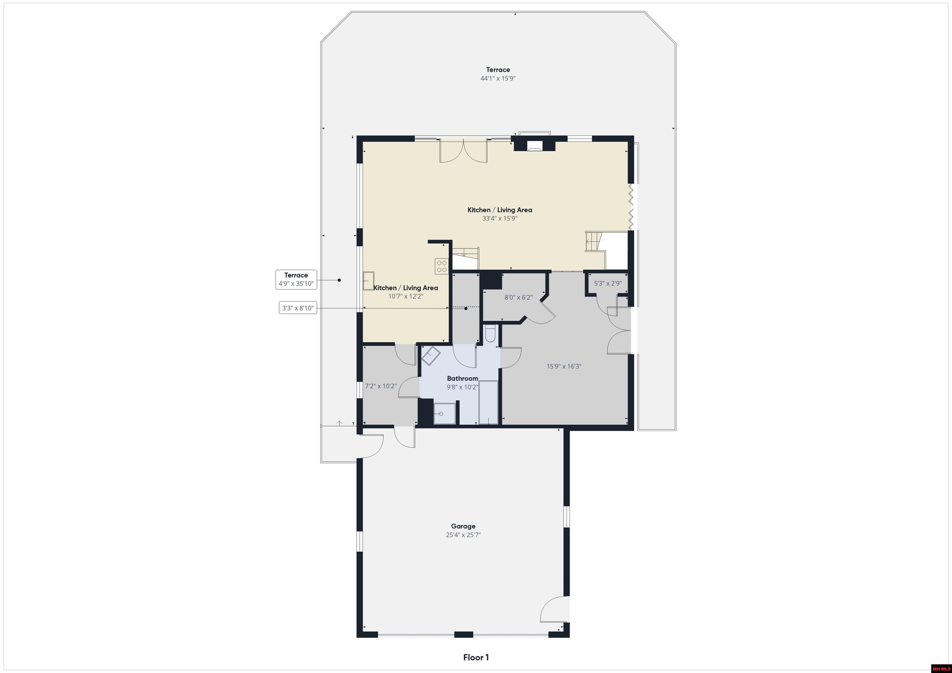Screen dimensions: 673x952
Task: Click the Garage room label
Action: coord(463,526)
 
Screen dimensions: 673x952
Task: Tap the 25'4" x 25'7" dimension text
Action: coord(463,535)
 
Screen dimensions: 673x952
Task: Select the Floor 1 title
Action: coord(476,657)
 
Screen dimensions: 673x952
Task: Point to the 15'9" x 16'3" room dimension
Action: coord(564,366)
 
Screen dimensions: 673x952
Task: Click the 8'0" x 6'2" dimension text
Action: coord(518,297)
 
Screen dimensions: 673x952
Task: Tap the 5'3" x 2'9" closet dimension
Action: coord(608,283)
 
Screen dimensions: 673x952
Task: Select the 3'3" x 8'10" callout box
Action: coord(298,308)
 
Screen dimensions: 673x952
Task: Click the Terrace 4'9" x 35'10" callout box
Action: coord(296,279)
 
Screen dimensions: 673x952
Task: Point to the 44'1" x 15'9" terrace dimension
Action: coord(498,78)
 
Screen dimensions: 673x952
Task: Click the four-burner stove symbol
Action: coord(442,266)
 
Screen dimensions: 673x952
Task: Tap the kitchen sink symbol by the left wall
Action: coord(368,281)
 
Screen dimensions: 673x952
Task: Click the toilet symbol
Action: coord(489,334)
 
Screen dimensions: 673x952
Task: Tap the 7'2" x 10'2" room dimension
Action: coord(381,386)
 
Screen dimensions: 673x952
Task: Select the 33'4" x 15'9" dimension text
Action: coord(500,218)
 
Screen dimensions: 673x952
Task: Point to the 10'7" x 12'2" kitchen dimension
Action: coord(406,296)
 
